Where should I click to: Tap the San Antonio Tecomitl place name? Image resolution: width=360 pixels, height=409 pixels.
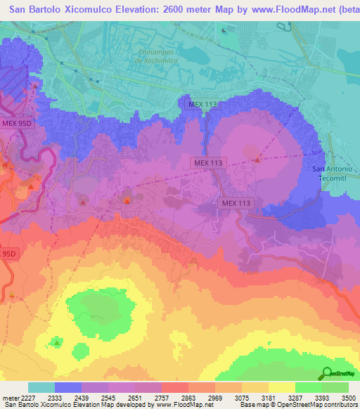[334, 173]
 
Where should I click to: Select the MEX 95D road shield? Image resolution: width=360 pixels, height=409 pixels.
[18, 122]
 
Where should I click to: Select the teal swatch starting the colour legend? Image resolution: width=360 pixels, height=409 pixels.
[41, 387]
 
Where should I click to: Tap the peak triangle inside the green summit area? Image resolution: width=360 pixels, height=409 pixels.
[57, 343]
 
